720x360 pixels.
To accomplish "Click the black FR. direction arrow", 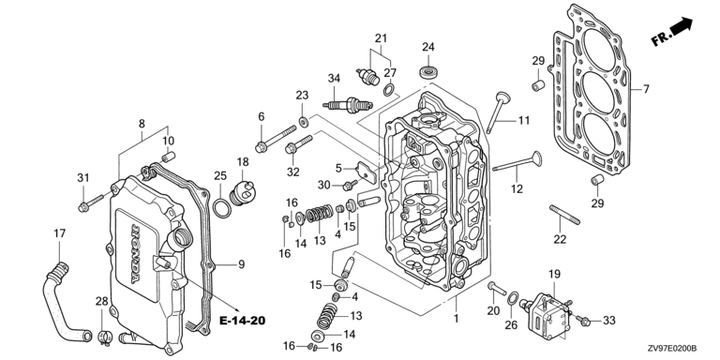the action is pos(682,25).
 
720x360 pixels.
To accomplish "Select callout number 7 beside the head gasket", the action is pos(646,89).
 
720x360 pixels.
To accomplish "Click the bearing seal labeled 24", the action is pos(427,71).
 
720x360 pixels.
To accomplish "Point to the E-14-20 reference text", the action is pos(243,320).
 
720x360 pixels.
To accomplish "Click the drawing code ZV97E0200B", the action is pos(672,348).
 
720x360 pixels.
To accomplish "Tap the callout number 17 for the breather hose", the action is pos(60,233).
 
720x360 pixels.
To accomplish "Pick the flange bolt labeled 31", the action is pos(90,203).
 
